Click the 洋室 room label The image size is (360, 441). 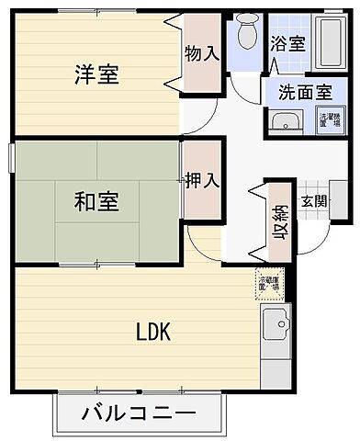pyautogui.click(x=96, y=74)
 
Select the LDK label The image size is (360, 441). pyautogui.click(x=154, y=332)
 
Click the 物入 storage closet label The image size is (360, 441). pyautogui.click(x=202, y=54)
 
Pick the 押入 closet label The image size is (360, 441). pyautogui.click(x=202, y=179)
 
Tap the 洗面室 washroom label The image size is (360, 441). pyautogui.click(x=306, y=91)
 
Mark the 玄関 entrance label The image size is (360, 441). pyautogui.click(x=315, y=200)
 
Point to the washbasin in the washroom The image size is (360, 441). pyautogui.click(x=285, y=121)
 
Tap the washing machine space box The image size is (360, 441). pyautogui.click(x=328, y=120)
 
